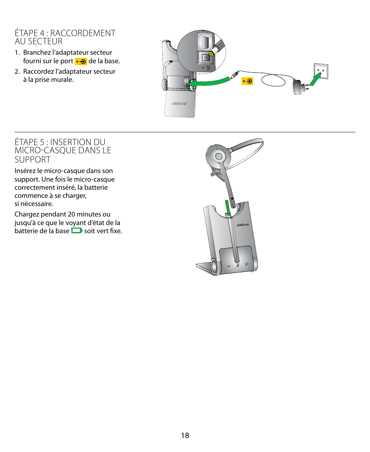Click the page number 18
(185, 435)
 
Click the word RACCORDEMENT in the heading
(83, 33)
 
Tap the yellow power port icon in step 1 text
(81, 62)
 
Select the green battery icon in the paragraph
(77, 231)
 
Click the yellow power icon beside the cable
(247, 81)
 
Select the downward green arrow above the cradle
(228, 207)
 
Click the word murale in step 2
(64, 80)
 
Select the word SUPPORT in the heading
(33, 159)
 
